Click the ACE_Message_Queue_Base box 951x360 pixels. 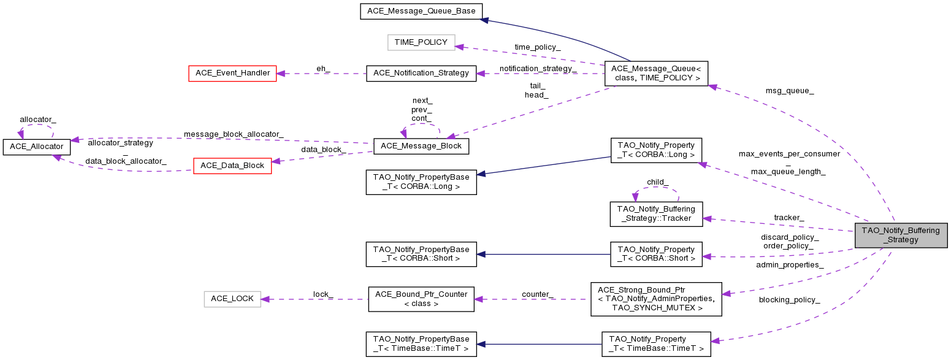pyautogui.click(x=421, y=11)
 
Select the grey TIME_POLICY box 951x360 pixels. pyautogui.click(x=421, y=42)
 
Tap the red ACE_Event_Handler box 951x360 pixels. pyautogui.click(x=232, y=73)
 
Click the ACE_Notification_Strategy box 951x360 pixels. pyautogui.click(x=421, y=73)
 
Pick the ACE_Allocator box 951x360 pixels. pyautogui.click(x=37, y=147)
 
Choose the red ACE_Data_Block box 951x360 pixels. pyautogui.click(x=232, y=166)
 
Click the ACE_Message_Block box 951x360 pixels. pyautogui.click(x=421, y=146)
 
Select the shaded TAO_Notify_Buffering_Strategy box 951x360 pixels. pyautogui.click(x=901, y=236)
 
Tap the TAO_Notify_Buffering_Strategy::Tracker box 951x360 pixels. pyautogui.click(x=656, y=213)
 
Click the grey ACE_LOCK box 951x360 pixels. pyautogui.click(x=232, y=299)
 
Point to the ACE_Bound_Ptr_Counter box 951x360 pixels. pyautogui.click(x=421, y=299)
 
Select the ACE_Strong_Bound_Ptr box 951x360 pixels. pyautogui.click(x=656, y=299)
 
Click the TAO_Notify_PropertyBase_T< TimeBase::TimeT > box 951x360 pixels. pyautogui.click(x=421, y=343)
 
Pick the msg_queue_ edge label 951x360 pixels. pyautogui.click(x=790, y=91)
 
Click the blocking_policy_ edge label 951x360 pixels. pyautogui.click(x=789, y=300)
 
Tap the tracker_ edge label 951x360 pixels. pyautogui.click(x=789, y=218)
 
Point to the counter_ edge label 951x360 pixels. pyautogui.click(x=537, y=294)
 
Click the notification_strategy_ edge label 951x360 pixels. pyautogui.click(x=538, y=69)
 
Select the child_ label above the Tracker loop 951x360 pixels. pyautogui.click(x=657, y=182)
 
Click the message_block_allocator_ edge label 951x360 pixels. pyautogui.click(x=234, y=134)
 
